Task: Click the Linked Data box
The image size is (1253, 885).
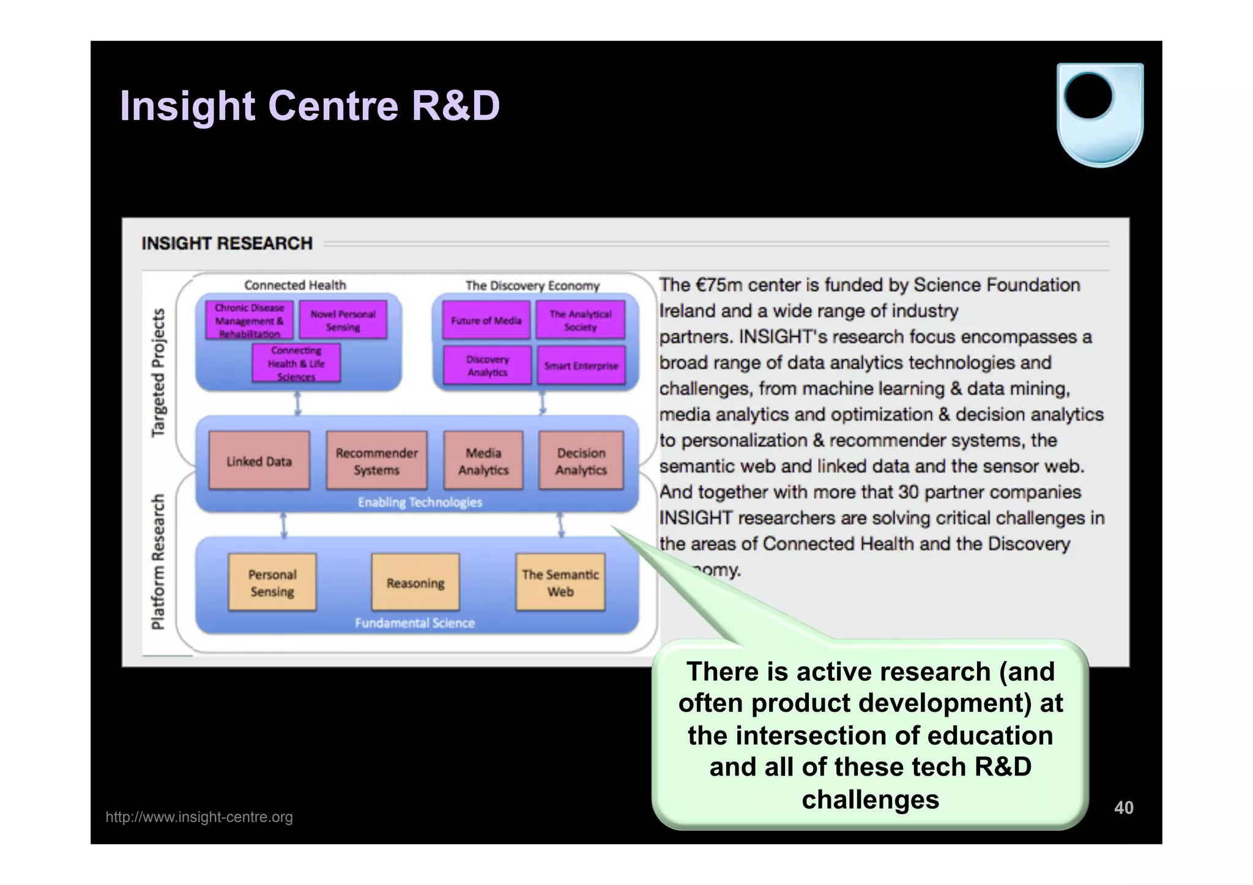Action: point(259,461)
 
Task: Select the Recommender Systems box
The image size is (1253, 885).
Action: point(376,461)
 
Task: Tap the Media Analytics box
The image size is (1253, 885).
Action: point(483,461)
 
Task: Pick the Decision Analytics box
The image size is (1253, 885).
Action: point(581,461)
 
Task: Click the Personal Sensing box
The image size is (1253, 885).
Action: point(272,582)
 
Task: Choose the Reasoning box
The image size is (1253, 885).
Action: point(415,582)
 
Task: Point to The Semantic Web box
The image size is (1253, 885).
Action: point(560,582)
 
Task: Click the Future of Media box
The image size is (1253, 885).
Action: point(486,320)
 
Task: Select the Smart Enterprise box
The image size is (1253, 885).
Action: point(581,365)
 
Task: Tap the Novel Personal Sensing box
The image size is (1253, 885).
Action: point(343,320)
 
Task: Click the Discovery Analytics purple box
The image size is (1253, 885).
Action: point(487,365)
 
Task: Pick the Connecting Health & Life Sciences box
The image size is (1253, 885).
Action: point(296,363)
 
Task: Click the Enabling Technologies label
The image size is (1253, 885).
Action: point(420,502)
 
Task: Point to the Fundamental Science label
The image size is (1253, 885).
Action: point(415,623)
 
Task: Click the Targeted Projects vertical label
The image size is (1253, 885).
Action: point(158,372)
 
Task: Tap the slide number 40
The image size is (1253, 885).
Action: point(1123,807)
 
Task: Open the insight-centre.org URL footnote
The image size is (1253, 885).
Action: point(199,816)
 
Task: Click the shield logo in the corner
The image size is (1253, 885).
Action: point(1099,114)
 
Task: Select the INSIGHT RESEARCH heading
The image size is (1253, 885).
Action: point(227,243)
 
